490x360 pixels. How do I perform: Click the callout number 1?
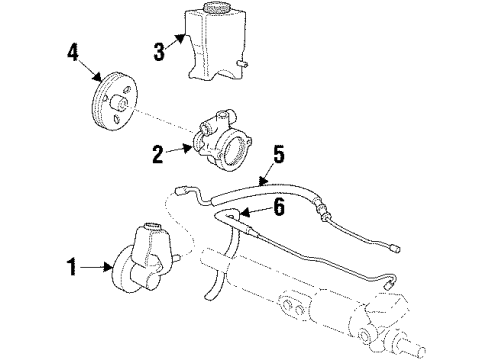(70, 267)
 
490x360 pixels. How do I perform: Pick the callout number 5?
(278, 155)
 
